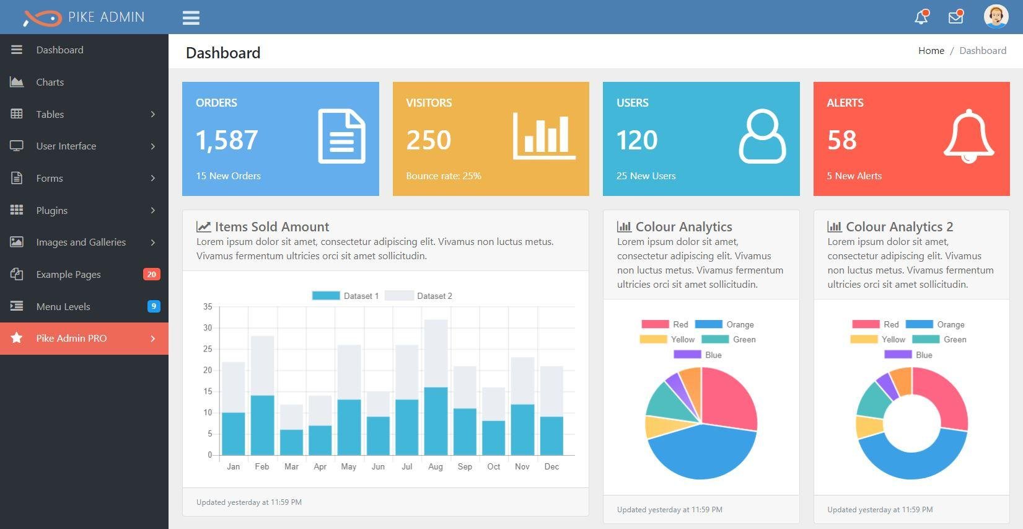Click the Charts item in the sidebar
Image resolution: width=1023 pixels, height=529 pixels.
pos(50,82)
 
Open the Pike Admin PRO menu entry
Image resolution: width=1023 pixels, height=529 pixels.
pos(71,338)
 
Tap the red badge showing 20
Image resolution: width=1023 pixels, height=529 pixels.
pos(151,274)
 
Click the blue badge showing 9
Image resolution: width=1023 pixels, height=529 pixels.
pos(154,306)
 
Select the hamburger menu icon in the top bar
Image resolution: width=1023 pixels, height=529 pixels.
pos(191,17)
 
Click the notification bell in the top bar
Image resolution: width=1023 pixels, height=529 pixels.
pos(921,17)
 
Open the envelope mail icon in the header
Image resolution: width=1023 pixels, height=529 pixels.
pos(956,17)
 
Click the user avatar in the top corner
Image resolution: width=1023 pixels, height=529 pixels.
pos(996,17)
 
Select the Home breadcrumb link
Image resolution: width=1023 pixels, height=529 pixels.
pos(931,51)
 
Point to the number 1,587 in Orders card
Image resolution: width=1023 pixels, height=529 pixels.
pos(227,140)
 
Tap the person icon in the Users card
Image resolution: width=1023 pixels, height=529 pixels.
pos(762,136)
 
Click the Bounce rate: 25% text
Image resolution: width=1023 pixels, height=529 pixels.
pos(444,176)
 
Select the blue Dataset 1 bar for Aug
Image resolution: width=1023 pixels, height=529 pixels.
pos(436,421)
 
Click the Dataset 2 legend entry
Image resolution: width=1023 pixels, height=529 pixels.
pos(419,296)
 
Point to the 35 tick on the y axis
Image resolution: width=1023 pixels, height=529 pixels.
pos(208,306)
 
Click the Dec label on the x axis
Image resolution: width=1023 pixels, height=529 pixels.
pos(551,466)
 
